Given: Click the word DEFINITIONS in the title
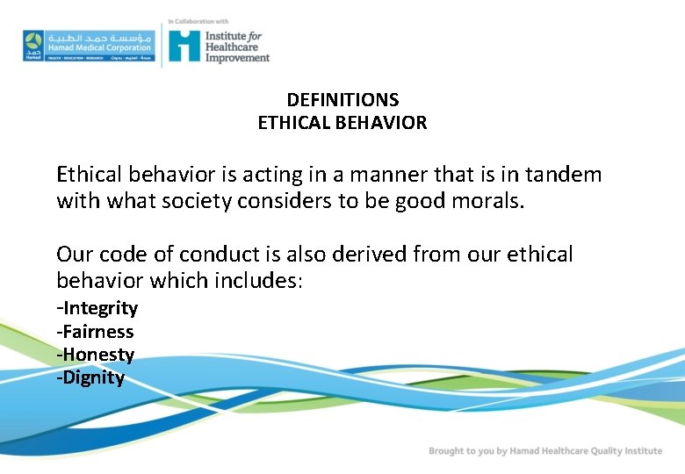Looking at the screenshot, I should [342, 100].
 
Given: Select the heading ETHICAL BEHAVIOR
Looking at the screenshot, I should [342, 123].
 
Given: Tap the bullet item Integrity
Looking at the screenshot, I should [97, 308].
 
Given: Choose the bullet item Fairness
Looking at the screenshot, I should [96, 332].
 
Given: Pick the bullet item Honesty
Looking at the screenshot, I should [96, 355].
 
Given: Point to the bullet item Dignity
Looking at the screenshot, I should [91, 378].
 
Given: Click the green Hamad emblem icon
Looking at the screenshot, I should [32, 45].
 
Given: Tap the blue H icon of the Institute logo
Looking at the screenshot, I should [184, 45].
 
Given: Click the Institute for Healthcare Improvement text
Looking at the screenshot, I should [236, 47].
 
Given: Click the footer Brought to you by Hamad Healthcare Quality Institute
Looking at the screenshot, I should [544, 451].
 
